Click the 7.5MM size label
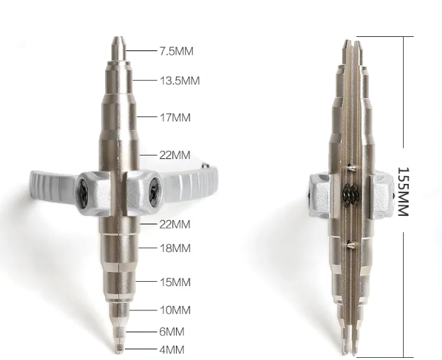(177, 51)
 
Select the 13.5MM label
(179, 81)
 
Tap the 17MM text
(175, 117)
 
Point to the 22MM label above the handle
(175, 155)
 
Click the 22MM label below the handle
(175, 224)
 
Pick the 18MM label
(175, 248)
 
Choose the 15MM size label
(175, 282)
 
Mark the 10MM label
(175, 310)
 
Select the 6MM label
(172, 332)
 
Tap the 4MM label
(172, 350)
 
